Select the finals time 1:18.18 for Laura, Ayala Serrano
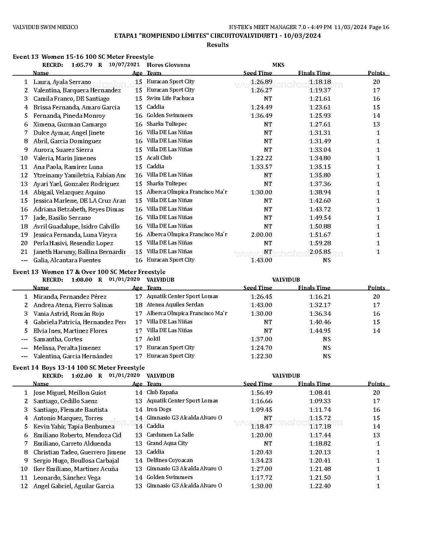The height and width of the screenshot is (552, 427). point(320,82)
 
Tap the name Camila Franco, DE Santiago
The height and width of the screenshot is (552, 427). point(71,99)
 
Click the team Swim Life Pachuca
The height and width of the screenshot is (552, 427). point(170,98)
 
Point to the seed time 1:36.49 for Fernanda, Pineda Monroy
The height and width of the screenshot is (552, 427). point(261,116)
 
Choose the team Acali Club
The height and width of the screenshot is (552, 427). point(159,158)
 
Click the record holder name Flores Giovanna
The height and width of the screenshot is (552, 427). point(168,65)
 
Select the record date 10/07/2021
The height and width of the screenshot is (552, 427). point(124,65)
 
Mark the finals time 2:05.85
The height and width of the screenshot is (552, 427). point(320,252)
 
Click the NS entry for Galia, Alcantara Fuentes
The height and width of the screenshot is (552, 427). point(327,260)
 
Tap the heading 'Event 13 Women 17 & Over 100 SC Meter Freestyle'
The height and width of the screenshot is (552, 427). point(89,272)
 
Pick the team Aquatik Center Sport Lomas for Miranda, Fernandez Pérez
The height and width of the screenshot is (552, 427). point(182,296)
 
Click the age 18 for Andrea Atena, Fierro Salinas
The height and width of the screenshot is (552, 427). point(139,305)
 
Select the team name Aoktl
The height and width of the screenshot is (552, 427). point(153,339)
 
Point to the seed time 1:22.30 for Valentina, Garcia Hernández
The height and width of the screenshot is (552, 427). point(261,356)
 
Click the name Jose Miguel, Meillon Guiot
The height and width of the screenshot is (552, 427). point(70,393)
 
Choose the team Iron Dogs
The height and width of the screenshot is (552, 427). point(159,409)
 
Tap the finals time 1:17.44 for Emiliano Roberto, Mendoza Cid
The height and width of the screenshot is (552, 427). point(320,435)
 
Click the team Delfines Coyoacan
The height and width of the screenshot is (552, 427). point(169,460)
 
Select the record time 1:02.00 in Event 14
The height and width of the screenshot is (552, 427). point(82,376)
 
